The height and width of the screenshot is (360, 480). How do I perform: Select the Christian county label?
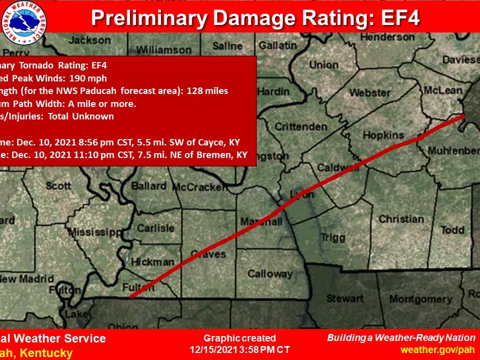click(x=401, y=219)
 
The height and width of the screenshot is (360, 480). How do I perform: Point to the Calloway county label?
click(x=270, y=273)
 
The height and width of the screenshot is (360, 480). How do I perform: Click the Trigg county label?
click(x=332, y=238)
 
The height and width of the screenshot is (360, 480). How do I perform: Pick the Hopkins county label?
click(x=383, y=135)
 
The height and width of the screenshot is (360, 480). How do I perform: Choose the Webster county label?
click(x=369, y=93)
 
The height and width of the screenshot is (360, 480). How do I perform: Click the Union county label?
click(x=323, y=64)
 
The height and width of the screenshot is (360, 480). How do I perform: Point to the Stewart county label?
click(x=345, y=298)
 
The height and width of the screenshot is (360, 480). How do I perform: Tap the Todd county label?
click(x=452, y=229)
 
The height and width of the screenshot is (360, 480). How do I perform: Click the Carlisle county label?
click(x=155, y=228)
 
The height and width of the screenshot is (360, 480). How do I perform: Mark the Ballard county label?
click(x=148, y=186)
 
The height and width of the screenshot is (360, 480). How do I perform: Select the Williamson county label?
click(x=163, y=50)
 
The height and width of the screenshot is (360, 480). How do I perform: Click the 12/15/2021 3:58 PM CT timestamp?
click(x=239, y=349)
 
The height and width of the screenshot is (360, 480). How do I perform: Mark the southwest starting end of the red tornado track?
click(x=131, y=296)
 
